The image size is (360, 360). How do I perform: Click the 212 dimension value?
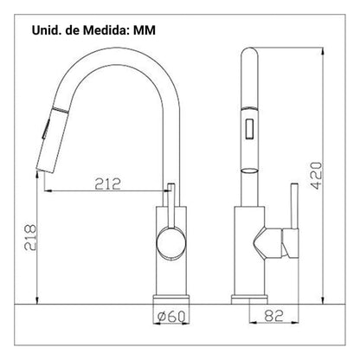point(108,183)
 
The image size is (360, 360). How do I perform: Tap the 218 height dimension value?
point(30,237)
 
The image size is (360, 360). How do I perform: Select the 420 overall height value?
point(316,176)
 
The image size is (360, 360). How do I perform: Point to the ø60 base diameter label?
point(171,317)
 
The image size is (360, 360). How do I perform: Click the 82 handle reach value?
point(273,316)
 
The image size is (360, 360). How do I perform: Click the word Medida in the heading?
point(105,30)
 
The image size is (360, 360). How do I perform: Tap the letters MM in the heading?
point(145,30)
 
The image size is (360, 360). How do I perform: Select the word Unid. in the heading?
point(45,30)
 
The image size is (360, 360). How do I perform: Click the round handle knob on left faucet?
point(170,241)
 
